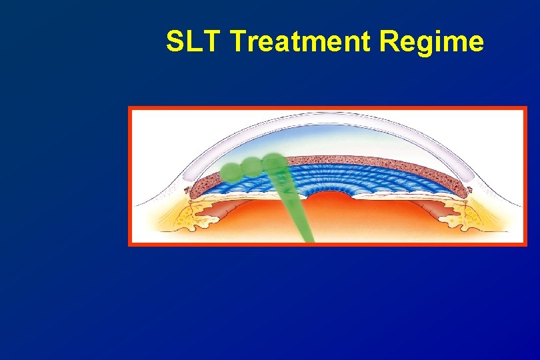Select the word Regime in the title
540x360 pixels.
(x=431, y=42)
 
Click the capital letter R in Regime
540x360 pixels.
(x=389, y=42)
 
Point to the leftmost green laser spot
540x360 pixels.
(x=232, y=171)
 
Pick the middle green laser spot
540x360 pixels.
(x=252, y=166)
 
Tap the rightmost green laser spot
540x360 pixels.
(x=272, y=162)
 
